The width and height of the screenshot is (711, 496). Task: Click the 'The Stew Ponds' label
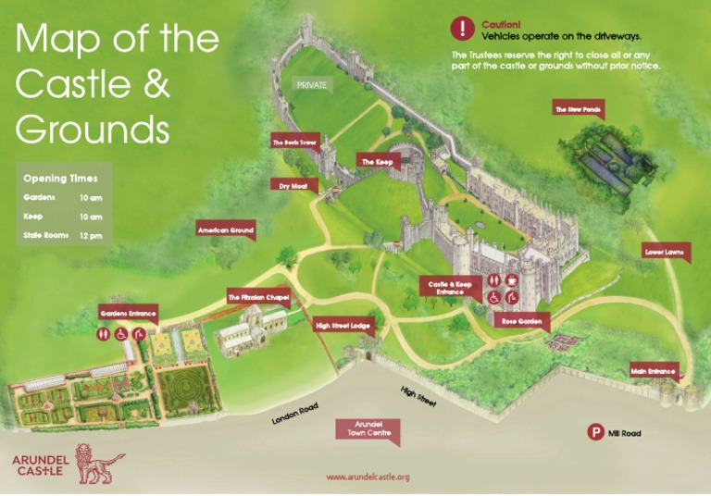578,110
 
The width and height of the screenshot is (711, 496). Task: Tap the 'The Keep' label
377,162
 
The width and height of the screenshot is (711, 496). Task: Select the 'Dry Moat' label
293,185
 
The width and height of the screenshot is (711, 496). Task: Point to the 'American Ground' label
225,229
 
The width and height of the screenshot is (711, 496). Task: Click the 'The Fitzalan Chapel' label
258,297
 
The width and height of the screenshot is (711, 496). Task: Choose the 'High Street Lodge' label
343,326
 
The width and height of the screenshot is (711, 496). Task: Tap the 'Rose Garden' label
520,320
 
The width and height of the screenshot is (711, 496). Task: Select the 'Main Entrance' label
654,371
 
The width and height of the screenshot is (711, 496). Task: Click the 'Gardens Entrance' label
128,314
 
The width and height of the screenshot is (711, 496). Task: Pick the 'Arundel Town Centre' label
368,428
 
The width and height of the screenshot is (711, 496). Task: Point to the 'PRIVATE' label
311,84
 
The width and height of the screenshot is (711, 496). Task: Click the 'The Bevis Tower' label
294,143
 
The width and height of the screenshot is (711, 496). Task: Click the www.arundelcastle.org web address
368,477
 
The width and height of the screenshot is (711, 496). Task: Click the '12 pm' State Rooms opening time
90,236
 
